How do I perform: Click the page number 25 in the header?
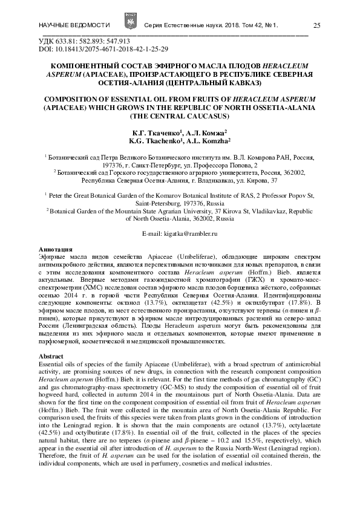(317, 25)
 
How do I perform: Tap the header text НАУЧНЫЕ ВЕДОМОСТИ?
(74, 25)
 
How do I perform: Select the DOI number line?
(103, 48)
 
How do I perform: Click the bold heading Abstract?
(50, 357)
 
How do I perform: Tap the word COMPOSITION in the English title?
(72, 98)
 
